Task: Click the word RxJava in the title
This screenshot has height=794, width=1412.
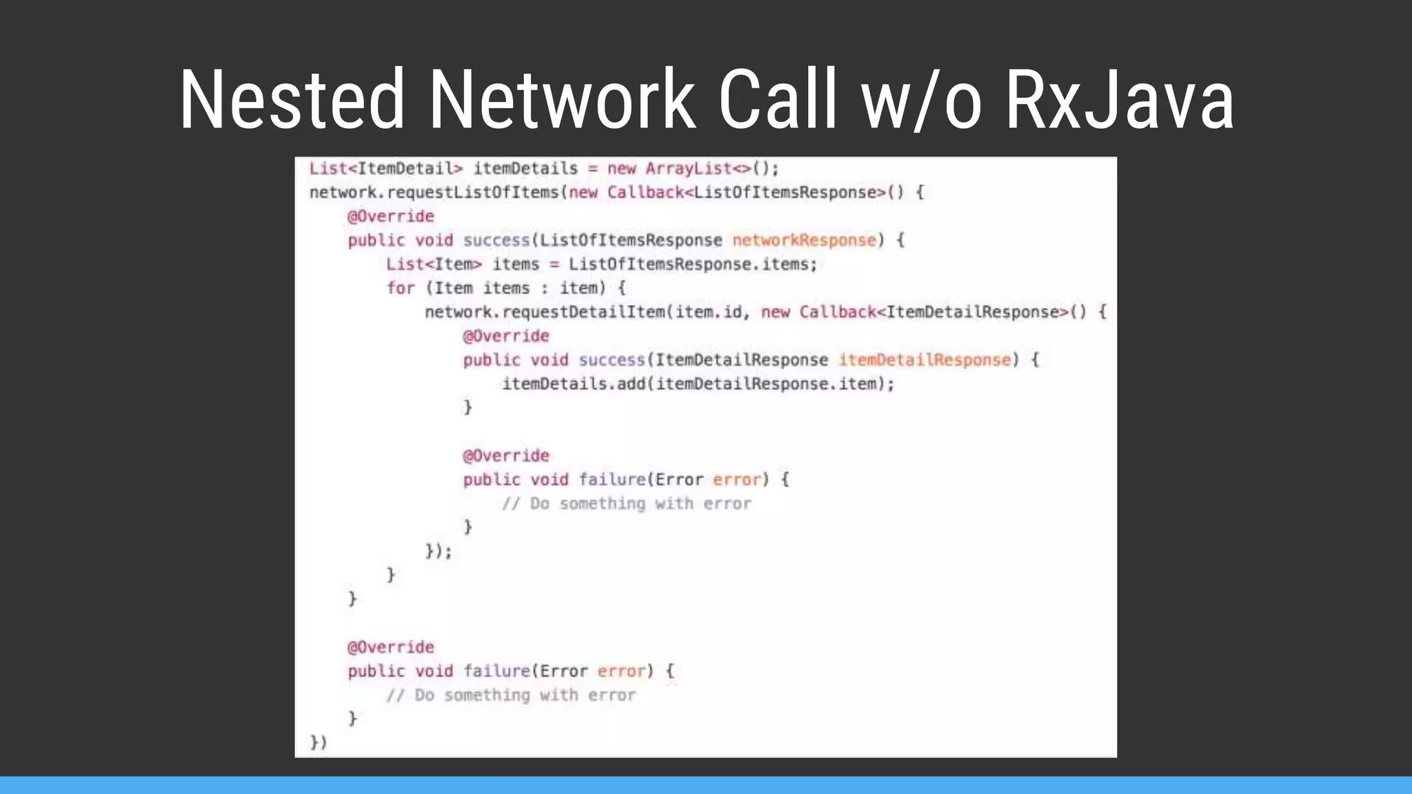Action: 1120,100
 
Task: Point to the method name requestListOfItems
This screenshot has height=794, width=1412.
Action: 475,192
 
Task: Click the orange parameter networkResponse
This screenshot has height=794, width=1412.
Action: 803,241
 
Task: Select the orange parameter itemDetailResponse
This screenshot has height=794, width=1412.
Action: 924,360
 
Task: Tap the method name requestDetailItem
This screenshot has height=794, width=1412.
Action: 583,312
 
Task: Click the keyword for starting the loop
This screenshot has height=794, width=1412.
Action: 401,288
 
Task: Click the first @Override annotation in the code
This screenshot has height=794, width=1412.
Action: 391,216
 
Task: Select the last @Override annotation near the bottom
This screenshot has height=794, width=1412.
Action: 391,647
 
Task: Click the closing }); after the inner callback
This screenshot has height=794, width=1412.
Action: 438,551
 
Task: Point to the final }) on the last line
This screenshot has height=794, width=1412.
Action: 318,742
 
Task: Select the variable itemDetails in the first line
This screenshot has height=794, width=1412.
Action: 525,169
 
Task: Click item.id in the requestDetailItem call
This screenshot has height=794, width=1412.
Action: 709,312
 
